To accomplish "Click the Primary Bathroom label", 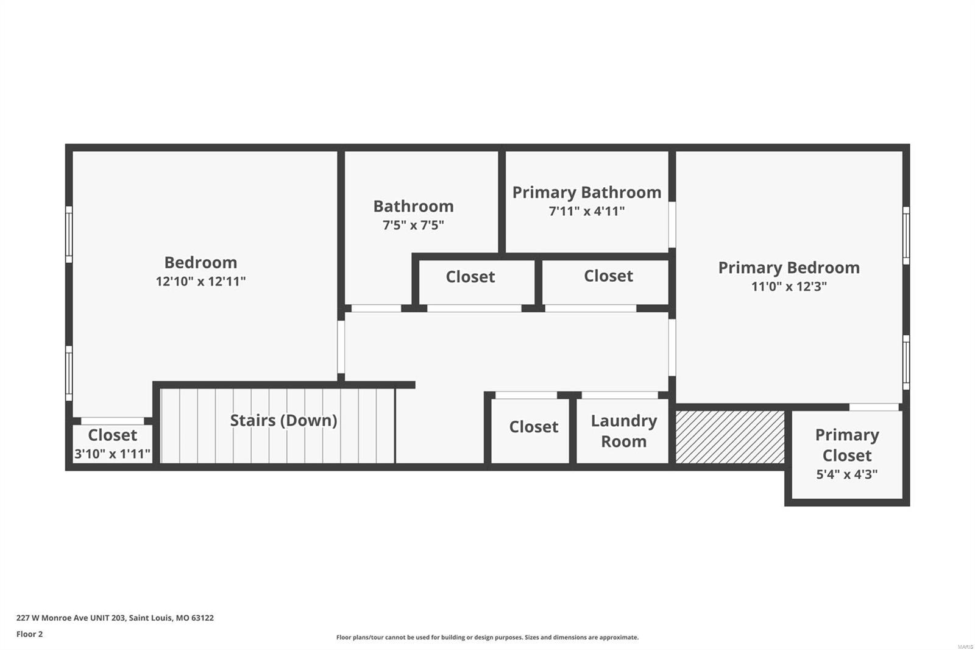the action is (586, 192).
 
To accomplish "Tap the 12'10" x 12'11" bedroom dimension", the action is (200, 281).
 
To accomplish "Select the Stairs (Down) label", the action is (283, 420).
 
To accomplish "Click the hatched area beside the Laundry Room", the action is (729, 437).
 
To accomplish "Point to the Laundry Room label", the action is (623, 430).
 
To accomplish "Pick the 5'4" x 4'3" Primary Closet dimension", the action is (846, 474).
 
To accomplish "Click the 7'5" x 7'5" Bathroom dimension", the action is (413, 225).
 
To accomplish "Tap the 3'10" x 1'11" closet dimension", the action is (112, 454).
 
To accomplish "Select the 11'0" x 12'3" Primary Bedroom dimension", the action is (789, 286).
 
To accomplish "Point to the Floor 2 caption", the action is (29, 634).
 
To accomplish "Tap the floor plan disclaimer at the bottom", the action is (487, 637).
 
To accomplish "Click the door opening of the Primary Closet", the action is (873, 407).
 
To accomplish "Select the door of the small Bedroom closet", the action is (112, 421).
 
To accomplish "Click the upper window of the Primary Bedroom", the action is (906, 235).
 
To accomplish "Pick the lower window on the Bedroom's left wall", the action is (69, 373).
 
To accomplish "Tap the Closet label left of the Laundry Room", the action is (533, 427).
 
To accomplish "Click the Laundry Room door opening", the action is (619, 395).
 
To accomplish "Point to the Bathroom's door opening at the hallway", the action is (376, 308).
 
